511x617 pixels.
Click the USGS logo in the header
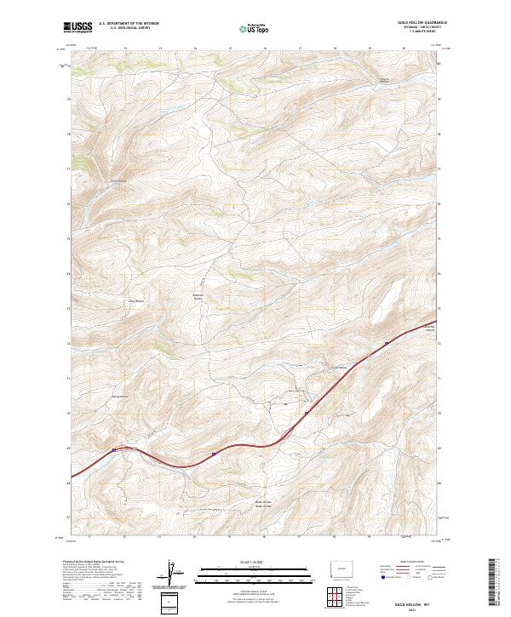pyautogui.click(x=78, y=28)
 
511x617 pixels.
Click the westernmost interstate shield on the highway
pyautogui.click(x=113, y=450)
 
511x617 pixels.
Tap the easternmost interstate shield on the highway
pyautogui.click(x=386, y=343)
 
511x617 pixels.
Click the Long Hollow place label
pyautogui.click(x=135, y=300)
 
